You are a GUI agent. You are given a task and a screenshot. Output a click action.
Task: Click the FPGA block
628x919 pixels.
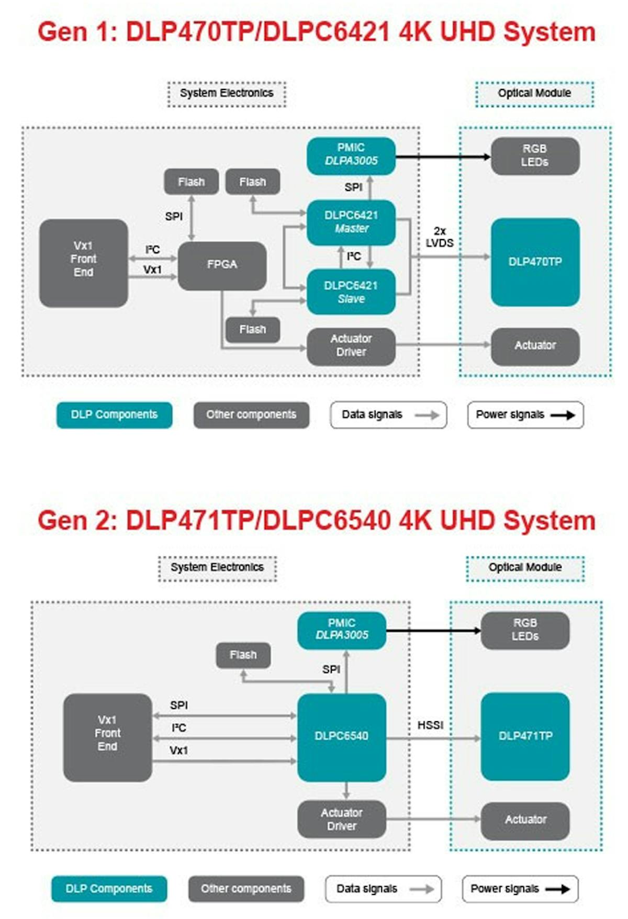(x=222, y=265)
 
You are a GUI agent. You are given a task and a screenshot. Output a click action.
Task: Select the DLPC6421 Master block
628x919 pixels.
(x=351, y=222)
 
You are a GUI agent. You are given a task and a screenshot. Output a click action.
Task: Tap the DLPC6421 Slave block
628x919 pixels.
(x=351, y=292)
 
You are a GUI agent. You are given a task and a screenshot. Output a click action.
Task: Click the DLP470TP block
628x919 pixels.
(x=535, y=262)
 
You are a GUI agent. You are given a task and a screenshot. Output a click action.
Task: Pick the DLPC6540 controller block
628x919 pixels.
(x=341, y=736)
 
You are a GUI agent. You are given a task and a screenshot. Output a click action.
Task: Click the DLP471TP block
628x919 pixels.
(x=525, y=736)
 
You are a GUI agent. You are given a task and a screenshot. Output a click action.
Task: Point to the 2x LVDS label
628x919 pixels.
(x=440, y=237)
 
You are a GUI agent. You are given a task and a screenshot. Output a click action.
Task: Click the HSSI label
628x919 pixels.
(x=430, y=725)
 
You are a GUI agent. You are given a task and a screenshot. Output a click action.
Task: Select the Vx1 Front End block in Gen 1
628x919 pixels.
(x=83, y=263)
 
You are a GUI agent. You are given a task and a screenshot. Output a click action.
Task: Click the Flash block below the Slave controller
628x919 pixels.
(x=253, y=330)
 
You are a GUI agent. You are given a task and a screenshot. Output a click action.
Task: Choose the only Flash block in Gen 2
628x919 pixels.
(x=243, y=655)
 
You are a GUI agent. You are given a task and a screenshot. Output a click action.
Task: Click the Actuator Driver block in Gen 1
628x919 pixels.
(x=351, y=346)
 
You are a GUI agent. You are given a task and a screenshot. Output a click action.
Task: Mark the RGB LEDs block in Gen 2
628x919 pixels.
(x=525, y=630)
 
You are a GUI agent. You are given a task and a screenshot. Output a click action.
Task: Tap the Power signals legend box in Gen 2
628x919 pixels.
(x=520, y=889)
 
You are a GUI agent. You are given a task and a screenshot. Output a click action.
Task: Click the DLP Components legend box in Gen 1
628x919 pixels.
(x=114, y=414)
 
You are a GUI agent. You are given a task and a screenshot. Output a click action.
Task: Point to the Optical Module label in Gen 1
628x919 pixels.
(x=534, y=94)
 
